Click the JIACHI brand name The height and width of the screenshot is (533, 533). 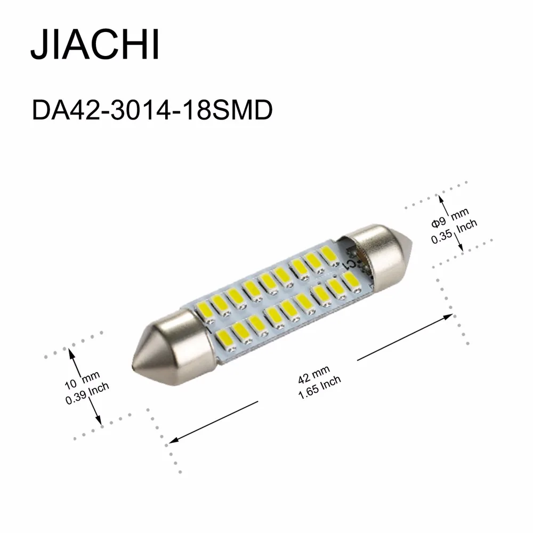95,45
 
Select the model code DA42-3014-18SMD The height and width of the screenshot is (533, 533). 152,111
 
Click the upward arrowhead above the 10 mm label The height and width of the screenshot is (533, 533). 70,352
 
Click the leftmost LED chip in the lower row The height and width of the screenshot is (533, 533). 223,336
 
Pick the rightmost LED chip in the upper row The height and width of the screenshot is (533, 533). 326,253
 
